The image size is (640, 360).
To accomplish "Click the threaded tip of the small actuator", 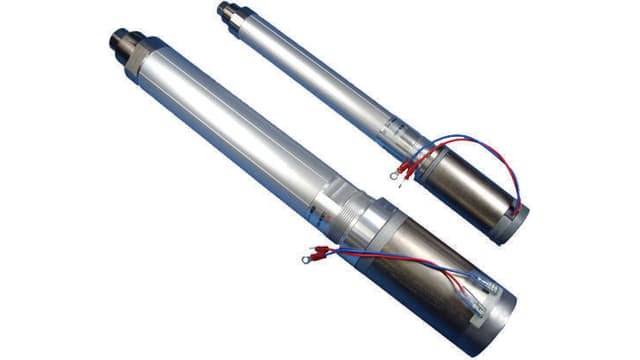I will tap(225, 11).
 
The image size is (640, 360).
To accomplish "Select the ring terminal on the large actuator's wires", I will tap(301, 261).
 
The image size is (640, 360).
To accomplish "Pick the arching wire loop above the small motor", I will tap(490, 150).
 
